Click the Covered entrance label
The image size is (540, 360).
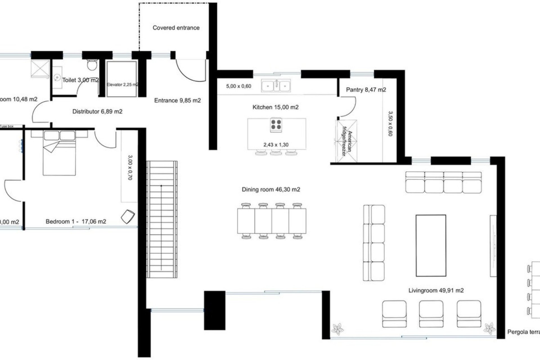pyautogui.click(x=176, y=28)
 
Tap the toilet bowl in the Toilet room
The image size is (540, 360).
pyautogui.click(x=92, y=65)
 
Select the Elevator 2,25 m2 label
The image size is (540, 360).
pyautogui.click(x=122, y=85)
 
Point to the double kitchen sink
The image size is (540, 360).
pyautogui.click(x=276, y=85)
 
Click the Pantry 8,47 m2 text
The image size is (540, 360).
pyautogui.click(x=366, y=90)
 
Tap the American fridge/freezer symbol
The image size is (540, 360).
pyautogui.click(x=346, y=141)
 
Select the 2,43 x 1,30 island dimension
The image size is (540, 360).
pyautogui.click(x=276, y=145)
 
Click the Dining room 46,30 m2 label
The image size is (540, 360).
pyautogui.click(x=271, y=190)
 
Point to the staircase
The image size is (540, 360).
pyautogui.click(x=162, y=219)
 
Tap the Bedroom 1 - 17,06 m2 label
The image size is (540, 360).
pyautogui.click(x=76, y=222)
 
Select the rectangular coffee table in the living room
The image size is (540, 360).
pyautogui.click(x=431, y=246)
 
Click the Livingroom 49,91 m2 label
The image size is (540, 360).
pyautogui.click(x=436, y=291)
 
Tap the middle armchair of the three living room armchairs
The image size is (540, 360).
pyautogui.click(x=431, y=314)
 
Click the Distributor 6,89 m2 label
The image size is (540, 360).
pyautogui.click(x=97, y=112)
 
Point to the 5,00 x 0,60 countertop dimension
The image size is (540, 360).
pyautogui.click(x=238, y=86)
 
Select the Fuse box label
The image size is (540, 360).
pyautogui.click(x=7, y=127)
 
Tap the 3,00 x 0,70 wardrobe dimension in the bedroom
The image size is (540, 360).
pyautogui.click(x=130, y=168)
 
